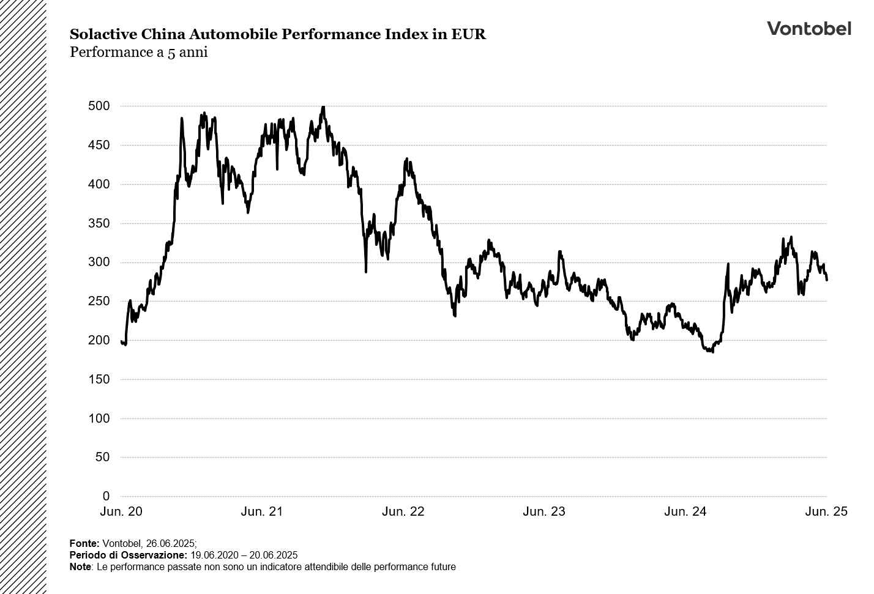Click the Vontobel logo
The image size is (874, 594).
tap(809, 28)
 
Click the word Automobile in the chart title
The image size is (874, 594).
tap(234, 34)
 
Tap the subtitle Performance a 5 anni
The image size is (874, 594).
tap(139, 53)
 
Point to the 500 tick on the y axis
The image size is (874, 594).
tap(99, 106)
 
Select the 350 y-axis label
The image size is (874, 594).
tap(99, 223)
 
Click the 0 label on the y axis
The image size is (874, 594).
tap(106, 496)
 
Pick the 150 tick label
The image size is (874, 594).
tap(99, 379)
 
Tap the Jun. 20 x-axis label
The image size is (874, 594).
tap(121, 511)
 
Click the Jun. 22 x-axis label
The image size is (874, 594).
tap(403, 511)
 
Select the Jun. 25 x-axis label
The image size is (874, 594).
tap(826, 511)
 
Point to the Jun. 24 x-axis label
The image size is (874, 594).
tap(685, 511)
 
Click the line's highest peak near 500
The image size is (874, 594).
tap(323, 108)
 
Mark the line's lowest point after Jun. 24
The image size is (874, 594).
tap(712, 352)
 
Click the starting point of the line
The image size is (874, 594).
tap(122, 341)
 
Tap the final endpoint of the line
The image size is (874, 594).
tap(827, 280)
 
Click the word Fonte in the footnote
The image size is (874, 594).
tap(84, 543)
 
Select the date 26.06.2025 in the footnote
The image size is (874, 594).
tap(170, 543)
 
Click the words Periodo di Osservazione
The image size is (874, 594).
tap(128, 555)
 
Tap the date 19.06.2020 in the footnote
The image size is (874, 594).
tap(214, 555)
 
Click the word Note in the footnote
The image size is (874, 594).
tap(80, 567)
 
